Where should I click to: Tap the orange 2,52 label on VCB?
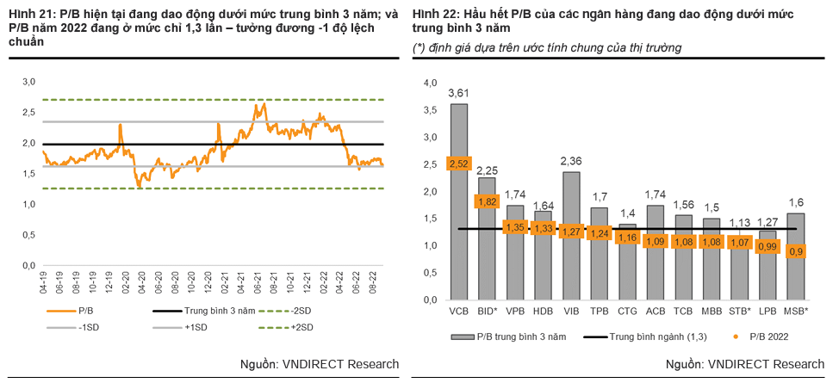[458, 164]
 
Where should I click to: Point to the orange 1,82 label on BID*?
[487, 201]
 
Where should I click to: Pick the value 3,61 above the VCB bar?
[458, 93]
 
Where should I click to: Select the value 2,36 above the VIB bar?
[570, 161]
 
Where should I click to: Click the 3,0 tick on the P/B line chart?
[29, 82]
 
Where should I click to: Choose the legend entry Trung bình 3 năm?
[197, 310]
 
